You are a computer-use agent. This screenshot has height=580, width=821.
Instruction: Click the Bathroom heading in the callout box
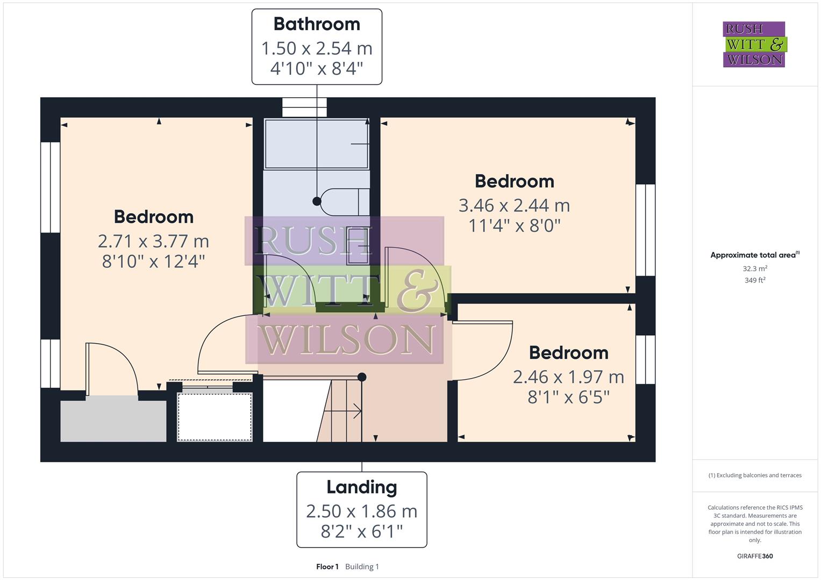click(x=317, y=24)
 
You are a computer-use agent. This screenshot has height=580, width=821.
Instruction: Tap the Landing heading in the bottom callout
click(x=362, y=487)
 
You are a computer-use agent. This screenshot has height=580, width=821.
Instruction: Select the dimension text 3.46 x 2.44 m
click(x=514, y=205)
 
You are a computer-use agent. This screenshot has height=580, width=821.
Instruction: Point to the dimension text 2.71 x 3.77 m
click(x=153, y=241)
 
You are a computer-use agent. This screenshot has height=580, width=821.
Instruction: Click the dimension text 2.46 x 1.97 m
click(x=568, y=377)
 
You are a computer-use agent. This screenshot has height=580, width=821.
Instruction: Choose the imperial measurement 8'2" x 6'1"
click(x=362, y=531)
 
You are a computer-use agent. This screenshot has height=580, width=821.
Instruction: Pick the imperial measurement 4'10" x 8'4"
click(x=317, y=69)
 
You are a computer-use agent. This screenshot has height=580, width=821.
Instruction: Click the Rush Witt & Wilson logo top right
click(x=754, y=45)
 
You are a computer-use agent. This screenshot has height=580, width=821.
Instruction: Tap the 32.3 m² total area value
click(x=755, y=269)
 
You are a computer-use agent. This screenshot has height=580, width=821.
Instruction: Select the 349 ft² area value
click(x=755, y=280)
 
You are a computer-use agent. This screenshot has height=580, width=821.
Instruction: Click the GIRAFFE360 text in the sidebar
click(x=755, y=556)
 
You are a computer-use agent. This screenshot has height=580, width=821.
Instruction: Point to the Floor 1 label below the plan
click(x=327, y=567)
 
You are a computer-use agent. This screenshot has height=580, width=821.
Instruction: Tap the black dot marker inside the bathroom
click(x=317, y=201)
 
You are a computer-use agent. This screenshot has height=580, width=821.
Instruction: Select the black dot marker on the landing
click(x=362, y=377)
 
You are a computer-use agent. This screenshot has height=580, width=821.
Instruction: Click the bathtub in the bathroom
click(x=316, y=143)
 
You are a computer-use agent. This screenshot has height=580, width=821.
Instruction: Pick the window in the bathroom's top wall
click(x=304, y=107)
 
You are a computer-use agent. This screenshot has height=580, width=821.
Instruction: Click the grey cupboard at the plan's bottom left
click(x=113, y=419)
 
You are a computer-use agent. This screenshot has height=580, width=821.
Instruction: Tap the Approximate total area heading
click(x=754, y=255)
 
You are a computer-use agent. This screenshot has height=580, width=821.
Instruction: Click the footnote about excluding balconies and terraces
click(x=755, y=475)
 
